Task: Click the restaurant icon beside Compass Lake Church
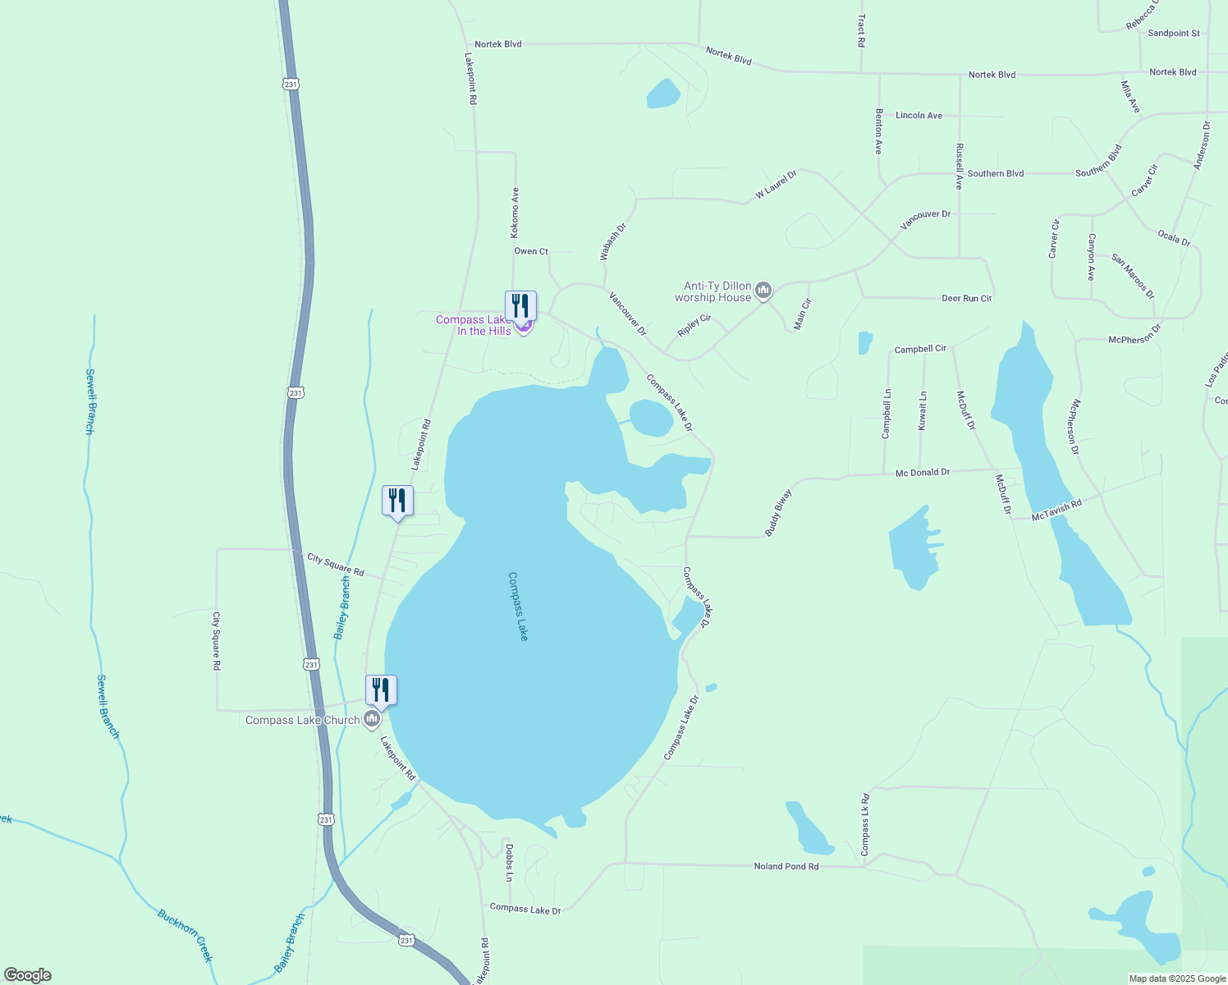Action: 381,690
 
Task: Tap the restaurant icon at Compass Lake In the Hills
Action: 520,306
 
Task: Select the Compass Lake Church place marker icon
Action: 372,720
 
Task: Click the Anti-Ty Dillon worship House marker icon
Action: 763,291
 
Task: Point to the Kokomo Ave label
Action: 515,213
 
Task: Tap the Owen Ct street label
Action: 531,251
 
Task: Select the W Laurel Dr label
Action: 776,185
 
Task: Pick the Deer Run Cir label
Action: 966,298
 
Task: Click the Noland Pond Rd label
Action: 786,866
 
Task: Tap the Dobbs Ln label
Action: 509,862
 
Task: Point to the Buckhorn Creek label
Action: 186,935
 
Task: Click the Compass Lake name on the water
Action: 518,606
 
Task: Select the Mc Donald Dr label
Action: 922,473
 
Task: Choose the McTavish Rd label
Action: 1056,510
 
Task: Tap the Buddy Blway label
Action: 777,513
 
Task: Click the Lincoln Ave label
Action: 919,116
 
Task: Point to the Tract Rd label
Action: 861,30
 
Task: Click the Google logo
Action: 27,975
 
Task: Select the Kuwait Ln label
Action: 923,410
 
